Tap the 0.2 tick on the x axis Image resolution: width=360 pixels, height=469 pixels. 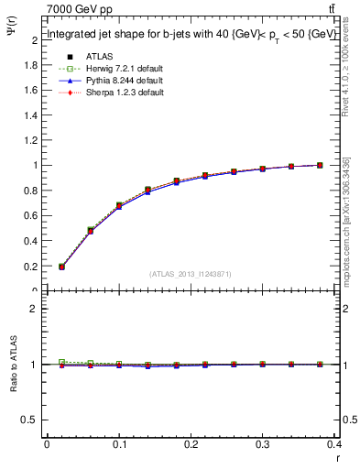coord(191,446)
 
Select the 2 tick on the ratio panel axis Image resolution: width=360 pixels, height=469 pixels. coord(36,309)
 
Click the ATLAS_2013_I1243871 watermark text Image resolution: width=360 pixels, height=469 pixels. coord(191,274)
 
